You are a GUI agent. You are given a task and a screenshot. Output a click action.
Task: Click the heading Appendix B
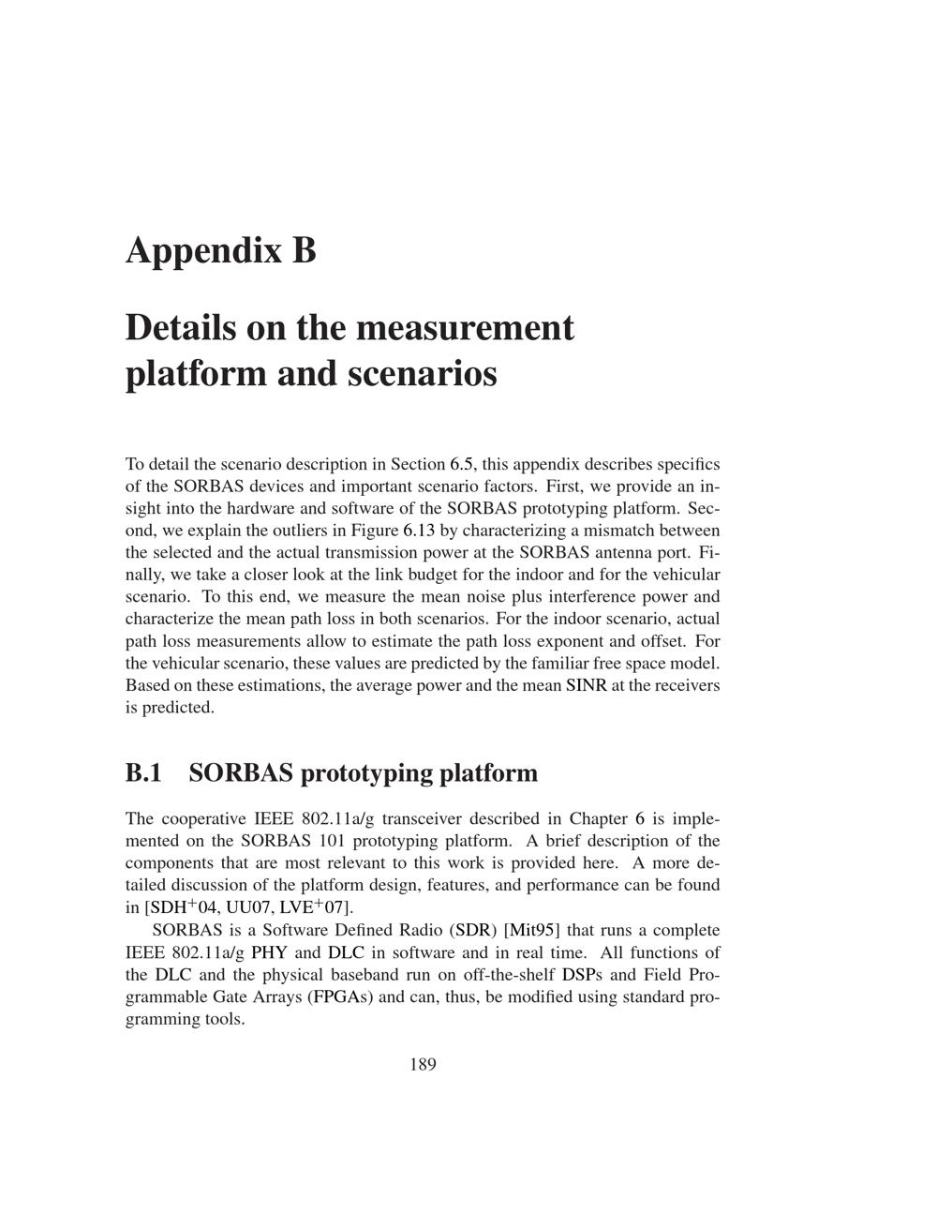pyautogui.click(x=221, y=251)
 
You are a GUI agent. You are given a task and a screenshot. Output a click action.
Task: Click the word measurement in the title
pyautogui.click(x=465, y=328)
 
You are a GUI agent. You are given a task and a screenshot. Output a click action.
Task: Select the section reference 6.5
pyautogui.click(x=462, y=464)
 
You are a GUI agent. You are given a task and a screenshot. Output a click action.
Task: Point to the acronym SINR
pyautogui.click(x=586, y=685)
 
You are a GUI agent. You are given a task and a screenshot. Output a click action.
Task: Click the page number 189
pyautogui.click(x=423, y=1064)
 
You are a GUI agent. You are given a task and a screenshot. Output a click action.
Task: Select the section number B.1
pyautogui.click(x=143, y=773)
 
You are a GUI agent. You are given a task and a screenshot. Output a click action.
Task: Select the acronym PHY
pyautogui.click(x=269, y=952)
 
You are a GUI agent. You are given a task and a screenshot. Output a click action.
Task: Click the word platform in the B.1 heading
pyautogui.click(x=489, y=773)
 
